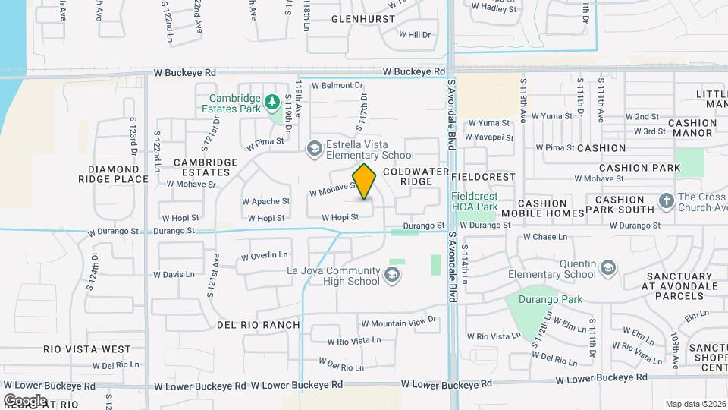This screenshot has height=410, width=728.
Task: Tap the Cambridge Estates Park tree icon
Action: (273, 100)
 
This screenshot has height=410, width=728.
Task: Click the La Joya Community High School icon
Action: (391, 275)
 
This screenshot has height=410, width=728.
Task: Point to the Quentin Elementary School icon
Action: (608, 268)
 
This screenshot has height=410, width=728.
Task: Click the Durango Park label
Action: (551, 299)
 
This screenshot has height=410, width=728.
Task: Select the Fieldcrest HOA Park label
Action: (474, 201)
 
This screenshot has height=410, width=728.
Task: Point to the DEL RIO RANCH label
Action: (258, 325)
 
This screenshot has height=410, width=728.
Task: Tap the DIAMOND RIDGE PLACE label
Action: (112, 174)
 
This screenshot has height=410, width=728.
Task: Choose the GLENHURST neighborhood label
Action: (363, 18)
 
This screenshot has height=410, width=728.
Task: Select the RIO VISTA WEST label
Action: (87, 349)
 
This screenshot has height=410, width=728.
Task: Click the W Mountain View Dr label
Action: (399, 323)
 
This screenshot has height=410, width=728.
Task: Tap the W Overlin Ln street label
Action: (265, 255)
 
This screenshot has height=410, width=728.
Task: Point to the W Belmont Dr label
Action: (337, 86)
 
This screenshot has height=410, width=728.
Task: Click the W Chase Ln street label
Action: (545, 237)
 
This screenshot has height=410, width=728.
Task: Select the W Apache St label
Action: (265, 202)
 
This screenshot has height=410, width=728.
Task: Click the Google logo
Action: (25, 400)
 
